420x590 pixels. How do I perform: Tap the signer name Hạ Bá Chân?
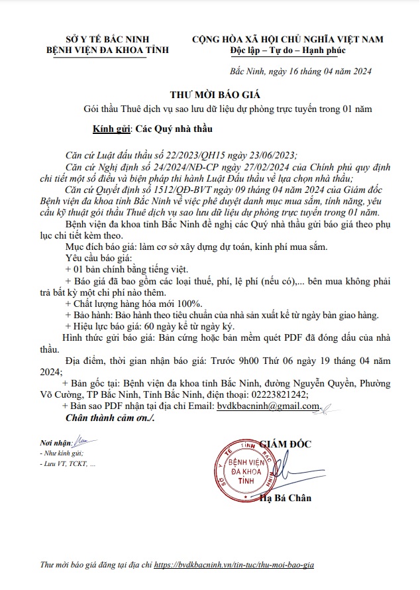tap(286, 498)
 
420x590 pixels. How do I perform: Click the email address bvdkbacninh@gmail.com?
tap(264, 406)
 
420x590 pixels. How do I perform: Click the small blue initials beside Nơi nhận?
tap(79, 440)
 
